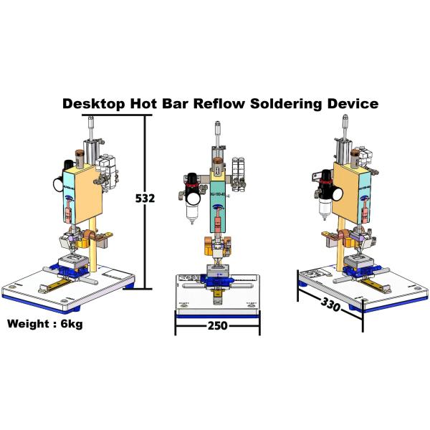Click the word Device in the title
350,103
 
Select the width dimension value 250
217,326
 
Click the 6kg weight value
72,324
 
